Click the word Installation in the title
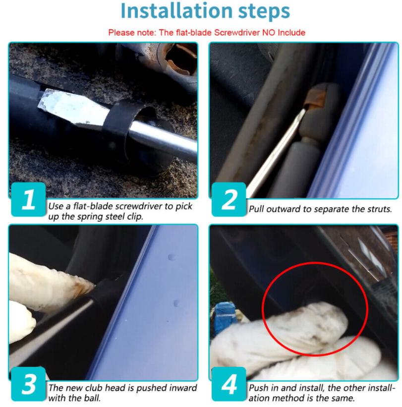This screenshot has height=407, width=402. coord(176,11)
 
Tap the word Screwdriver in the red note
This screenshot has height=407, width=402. coord(236,33)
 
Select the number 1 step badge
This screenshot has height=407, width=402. coord(28,199)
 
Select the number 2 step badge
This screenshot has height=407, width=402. coord(229,199)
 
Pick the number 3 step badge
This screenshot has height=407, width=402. coord(28,384)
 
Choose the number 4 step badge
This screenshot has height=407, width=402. coord(229,384)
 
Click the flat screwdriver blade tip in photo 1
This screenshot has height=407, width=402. coord(42,103)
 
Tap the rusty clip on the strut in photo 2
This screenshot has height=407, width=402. coord(315,98)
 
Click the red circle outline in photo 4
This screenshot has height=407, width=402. coord(264,309)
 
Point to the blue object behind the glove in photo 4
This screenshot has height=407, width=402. coord(225,317)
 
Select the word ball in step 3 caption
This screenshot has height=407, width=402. coord(92,398)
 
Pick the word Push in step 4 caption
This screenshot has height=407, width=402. coord(258,388)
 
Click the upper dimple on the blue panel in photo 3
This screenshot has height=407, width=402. coord(172,257)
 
